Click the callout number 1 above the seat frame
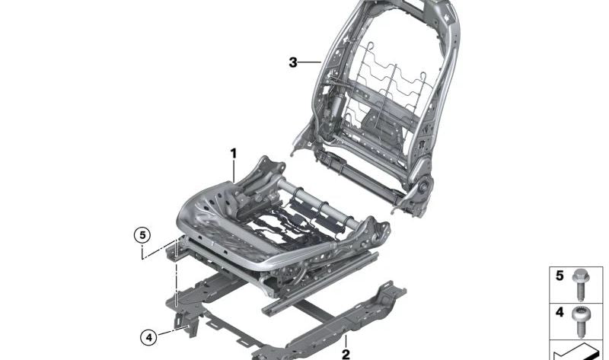click(x=233, y=154)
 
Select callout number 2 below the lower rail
click(x=346, y=354)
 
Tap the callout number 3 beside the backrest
click(x=293, y=62)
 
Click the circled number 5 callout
click(x=142, y=235)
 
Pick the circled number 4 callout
click(x=149, y=337)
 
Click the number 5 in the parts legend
click(x=560, y=276)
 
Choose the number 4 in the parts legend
click(x=560, y=312)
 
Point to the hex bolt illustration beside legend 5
click(x=581, y=285)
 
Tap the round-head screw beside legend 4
click(x=581, y=322)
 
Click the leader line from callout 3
click(x=310, y=62)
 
